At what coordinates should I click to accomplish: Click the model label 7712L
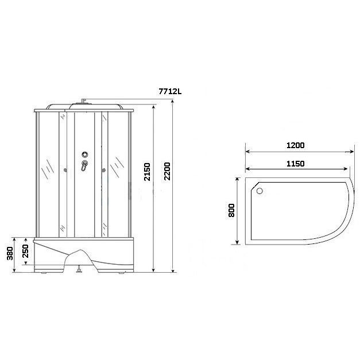[x=170, y=91]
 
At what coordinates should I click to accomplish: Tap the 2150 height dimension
[x=147, y=172]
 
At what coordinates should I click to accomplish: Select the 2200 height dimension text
[x=167, y=171]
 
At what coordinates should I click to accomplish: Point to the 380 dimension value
[x=10, y=253]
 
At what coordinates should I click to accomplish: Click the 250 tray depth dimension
[x=25, y=251]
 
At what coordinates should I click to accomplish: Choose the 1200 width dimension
[x=296, y=145]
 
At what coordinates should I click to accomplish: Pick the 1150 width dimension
[x=296, y=164]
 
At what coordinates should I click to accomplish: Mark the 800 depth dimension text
[x=231, y=210]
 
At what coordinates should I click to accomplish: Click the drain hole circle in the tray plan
[x=260, y=191]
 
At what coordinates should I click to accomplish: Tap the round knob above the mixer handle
[x=85, y=154]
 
